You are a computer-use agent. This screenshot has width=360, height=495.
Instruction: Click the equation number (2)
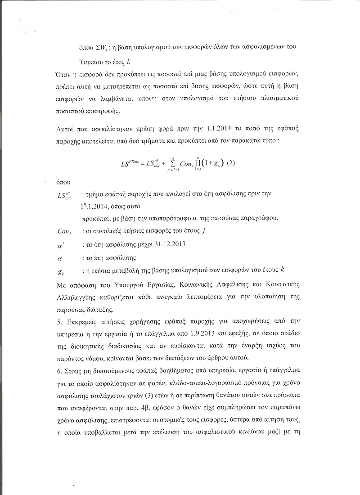[232, 163]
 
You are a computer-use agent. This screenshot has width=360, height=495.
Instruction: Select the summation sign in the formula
[172, 162]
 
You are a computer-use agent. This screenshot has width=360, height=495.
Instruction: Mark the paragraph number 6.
[60, 369]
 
